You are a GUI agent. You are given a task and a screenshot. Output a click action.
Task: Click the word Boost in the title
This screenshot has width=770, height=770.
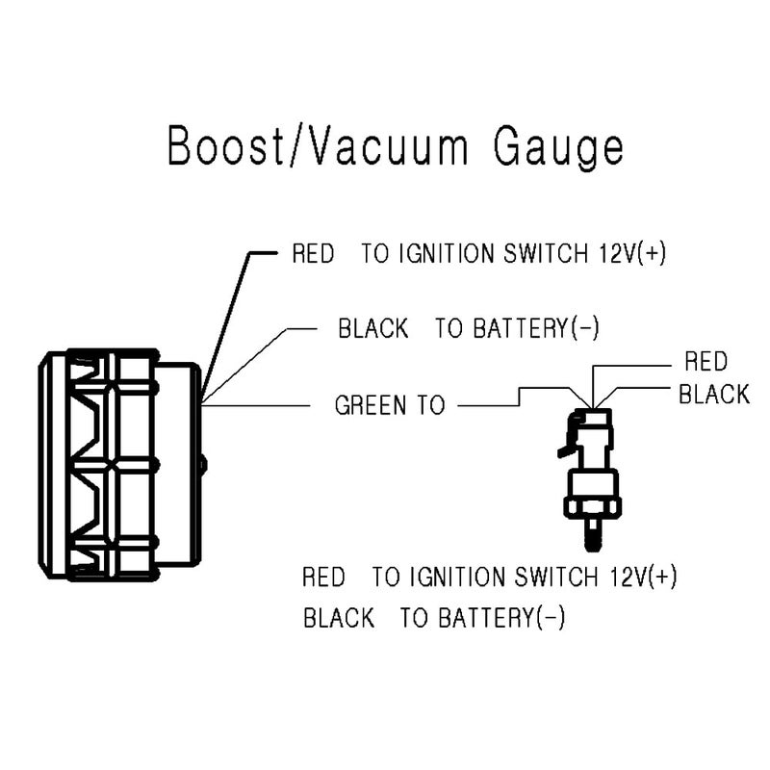tap(226, 146)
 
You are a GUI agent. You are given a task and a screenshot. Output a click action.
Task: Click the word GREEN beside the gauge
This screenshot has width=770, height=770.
tap(371, 405)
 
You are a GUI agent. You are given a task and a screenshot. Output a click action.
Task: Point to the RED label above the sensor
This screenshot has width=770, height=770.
tap(706, 362)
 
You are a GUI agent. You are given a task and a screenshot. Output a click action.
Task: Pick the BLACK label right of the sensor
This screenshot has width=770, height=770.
tap(714, 395)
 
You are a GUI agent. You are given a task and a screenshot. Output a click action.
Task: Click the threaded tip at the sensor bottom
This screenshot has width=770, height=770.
tap(593, 534)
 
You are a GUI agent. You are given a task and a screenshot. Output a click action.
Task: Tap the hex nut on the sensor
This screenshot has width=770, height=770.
tap(593, 508)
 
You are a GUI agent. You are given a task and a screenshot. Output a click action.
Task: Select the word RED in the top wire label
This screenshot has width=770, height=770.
tap(313, 254)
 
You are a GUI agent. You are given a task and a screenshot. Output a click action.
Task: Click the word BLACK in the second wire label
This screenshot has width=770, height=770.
tap(373, 328)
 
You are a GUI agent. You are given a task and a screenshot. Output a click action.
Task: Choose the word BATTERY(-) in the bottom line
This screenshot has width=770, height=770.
tap(501, 617)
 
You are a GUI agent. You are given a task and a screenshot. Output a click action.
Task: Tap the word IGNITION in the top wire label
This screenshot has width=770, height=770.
tap(447, 254)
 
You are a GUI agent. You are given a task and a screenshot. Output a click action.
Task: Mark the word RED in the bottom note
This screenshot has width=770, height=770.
tap(323, 577)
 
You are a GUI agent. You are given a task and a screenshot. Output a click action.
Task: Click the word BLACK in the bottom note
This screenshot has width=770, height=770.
tap(339, 617)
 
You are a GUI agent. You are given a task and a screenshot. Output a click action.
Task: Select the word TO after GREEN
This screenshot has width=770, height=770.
tap(431, 405)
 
